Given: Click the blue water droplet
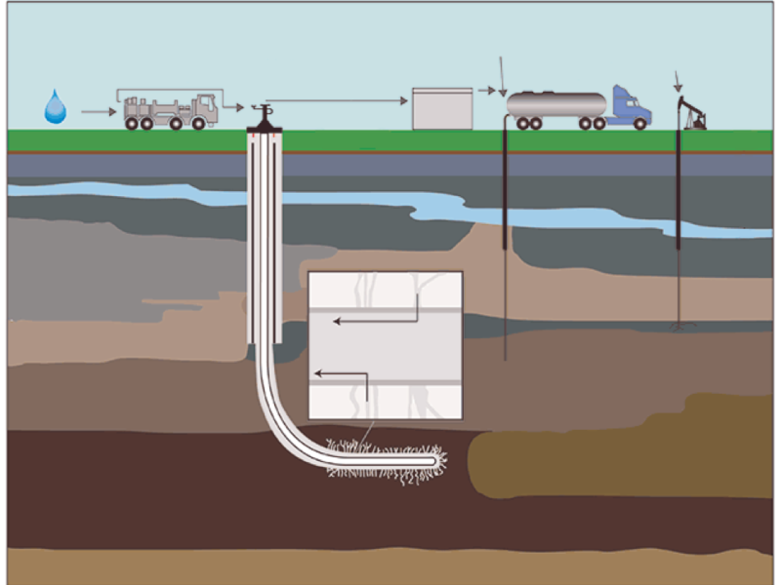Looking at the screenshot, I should tap(56, 106).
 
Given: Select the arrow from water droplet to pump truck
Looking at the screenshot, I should tap(98, 112).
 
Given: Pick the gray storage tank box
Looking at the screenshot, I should tap(441, 108).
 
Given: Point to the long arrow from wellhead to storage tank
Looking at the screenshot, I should tap(337, 99).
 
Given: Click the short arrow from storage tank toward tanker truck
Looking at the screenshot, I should tap(487, 91).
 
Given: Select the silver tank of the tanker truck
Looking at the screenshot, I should tap(556, 103).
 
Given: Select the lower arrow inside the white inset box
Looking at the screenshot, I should tap(341, 373).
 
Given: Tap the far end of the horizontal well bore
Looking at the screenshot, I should tap(434, 458).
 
